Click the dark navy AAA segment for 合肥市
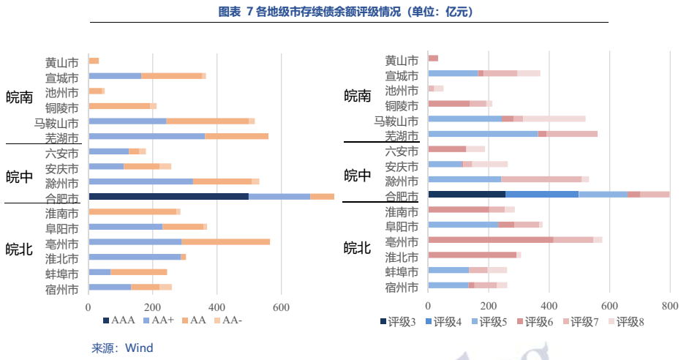tap(168, 196)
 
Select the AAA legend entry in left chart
tap(120, 320)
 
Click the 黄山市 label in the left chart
tap(61, 62)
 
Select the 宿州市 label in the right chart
tap(402, 286)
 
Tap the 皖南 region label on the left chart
tap(20, 97)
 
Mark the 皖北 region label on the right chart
tap(358, 248)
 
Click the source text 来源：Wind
tap(122, 348)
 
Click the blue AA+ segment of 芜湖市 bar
tap(146, 136)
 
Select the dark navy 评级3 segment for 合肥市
tap(467, 194)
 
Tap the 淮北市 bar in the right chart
tap(472, 255)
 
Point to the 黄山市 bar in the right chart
tap(433, 58)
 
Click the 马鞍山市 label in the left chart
tap(56, 122)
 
